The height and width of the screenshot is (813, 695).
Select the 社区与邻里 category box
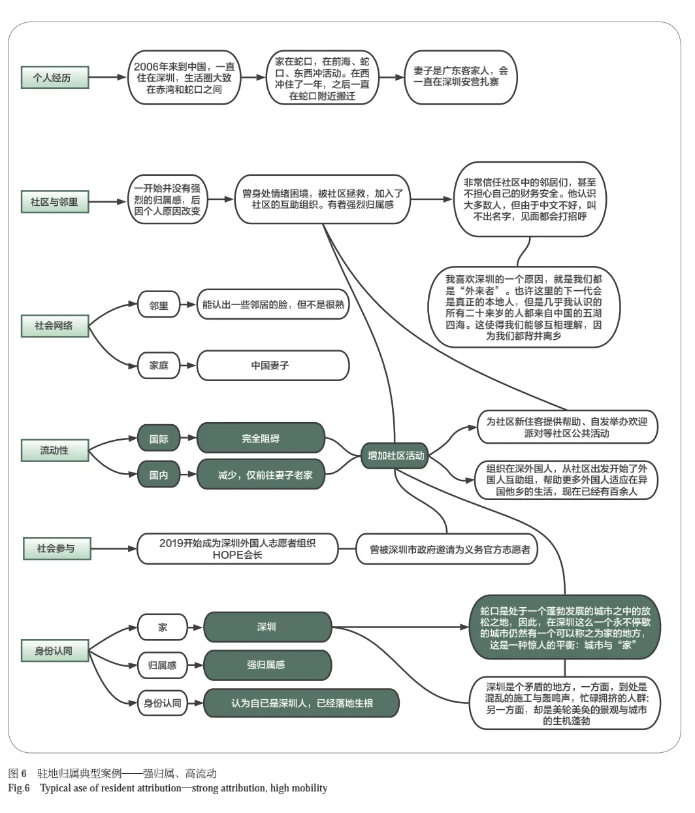pyautogui.click(x=55, y=201)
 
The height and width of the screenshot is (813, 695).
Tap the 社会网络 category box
pyautogui.click(x=55, y=325)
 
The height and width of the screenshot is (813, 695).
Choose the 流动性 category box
pyautogui.click(x=55, y=450)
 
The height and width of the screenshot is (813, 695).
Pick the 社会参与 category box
pyautogui.click(x=55, y=548)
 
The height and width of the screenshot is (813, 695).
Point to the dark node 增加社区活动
pyautogui.click(x=396, y=456)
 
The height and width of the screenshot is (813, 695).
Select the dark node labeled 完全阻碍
pyautogui.click(x=261, y=439)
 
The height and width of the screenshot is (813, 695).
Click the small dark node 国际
pyautogui.click(x=159, y=439)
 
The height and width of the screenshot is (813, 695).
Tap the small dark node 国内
pyautogui.click(x=159, y=474)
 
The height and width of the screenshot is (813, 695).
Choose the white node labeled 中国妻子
pyautogui.click(x=273, y=365)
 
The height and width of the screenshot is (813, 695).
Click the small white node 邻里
pyautogui.click(x=159, y=305)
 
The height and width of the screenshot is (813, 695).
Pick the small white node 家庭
pyautogui.click(x=159, y=365)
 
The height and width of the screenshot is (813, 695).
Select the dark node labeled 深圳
pyautogui.click(x=267, y=627)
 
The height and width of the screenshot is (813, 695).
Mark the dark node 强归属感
pyautogui.click(x=267, y=665)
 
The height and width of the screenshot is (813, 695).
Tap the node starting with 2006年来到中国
pyautogui.click(x=184, y=77)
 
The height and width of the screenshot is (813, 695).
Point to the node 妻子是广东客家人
pyautogui.click(x=461, y=77)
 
